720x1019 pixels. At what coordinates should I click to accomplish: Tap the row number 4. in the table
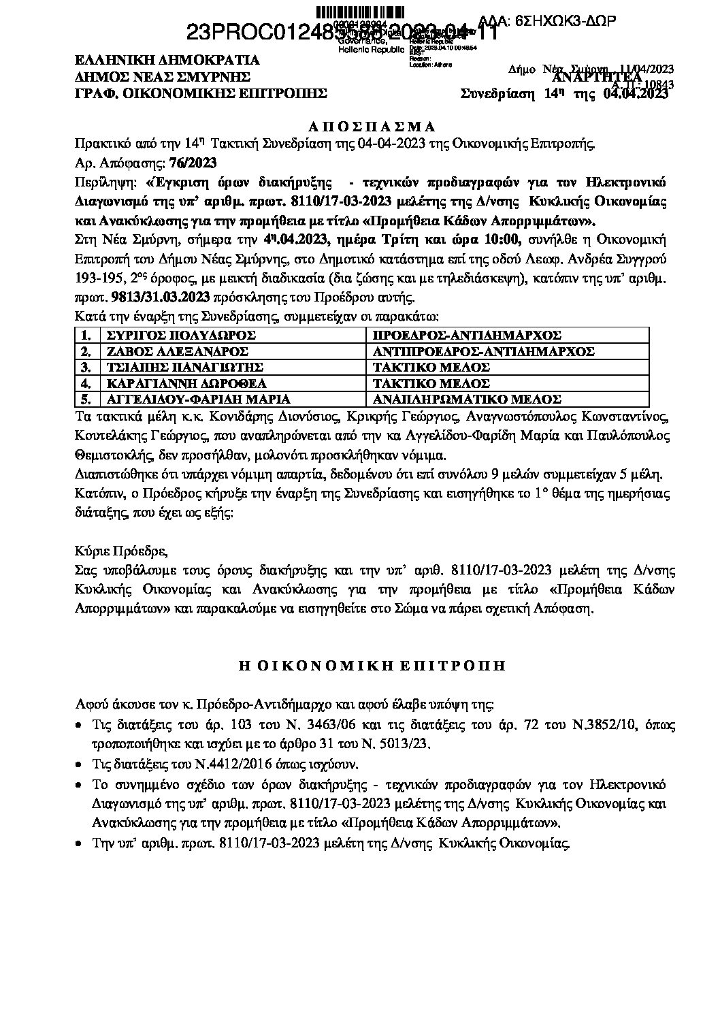pyautogui.click(x=86, y=383)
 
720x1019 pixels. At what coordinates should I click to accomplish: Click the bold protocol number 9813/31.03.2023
pyautogui.click(x=152, y=299)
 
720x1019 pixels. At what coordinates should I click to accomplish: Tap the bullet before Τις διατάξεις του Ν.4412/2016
pyautogui.click(x=80, y=764)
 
